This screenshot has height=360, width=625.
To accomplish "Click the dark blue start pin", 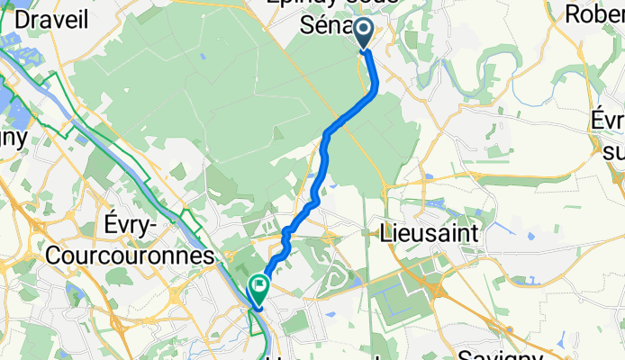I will pyautogui.click(x=365, y=33).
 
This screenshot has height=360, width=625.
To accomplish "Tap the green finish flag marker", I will pyautogui.click(x=258, y=287).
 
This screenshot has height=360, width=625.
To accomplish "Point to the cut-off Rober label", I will pyautogui.click(x=595, y=13).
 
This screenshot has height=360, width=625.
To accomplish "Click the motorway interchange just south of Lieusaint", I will pyautogui.click(x=441, y=289).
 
